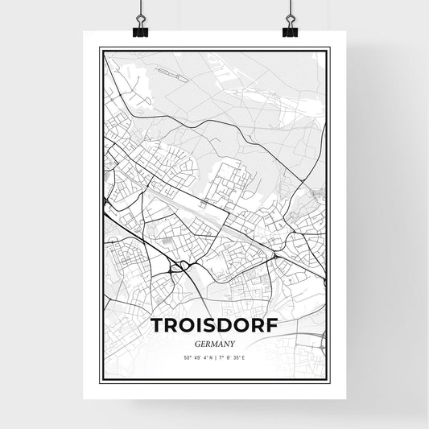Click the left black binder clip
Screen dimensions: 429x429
click(x=139, y=30)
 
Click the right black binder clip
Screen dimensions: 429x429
click(x=290, y=30)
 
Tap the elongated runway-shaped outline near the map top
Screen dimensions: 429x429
click(x=172, y=76)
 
